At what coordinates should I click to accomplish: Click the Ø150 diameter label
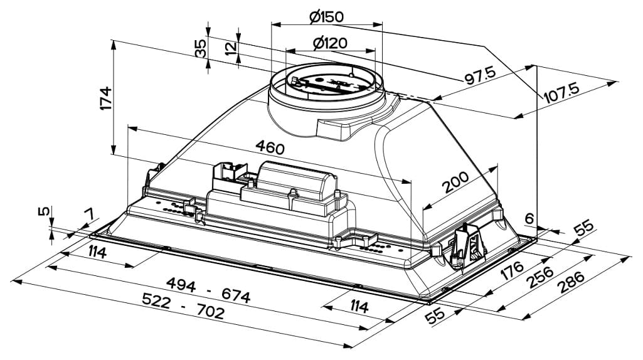click(x=327, y=17)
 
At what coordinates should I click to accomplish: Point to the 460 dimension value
click(x=270, y=147)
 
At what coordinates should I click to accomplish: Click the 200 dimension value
click(x=455, y=183)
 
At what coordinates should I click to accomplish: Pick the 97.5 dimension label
click(x=480, y=75)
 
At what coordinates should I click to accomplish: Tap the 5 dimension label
click(x=43, y=212)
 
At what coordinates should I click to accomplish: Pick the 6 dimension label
click(x=529, y=219)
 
